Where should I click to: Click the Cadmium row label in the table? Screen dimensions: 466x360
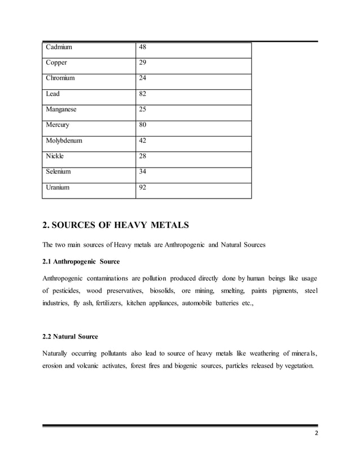click(60, 47)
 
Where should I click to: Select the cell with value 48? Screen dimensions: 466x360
click(144, 47)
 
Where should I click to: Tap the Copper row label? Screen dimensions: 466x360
click(58, 63)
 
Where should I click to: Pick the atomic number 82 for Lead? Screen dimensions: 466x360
click(144, 94)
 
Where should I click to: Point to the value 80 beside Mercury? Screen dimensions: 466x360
click(144, 125)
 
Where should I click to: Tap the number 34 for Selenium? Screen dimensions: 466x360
click(144, 171)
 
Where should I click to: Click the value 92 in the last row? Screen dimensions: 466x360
click(144, 187)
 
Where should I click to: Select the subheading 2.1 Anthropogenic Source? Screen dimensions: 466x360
click(81, 262)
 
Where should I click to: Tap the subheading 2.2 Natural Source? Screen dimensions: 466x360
click(70, 337)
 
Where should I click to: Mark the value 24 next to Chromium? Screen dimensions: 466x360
click(144, 78)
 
